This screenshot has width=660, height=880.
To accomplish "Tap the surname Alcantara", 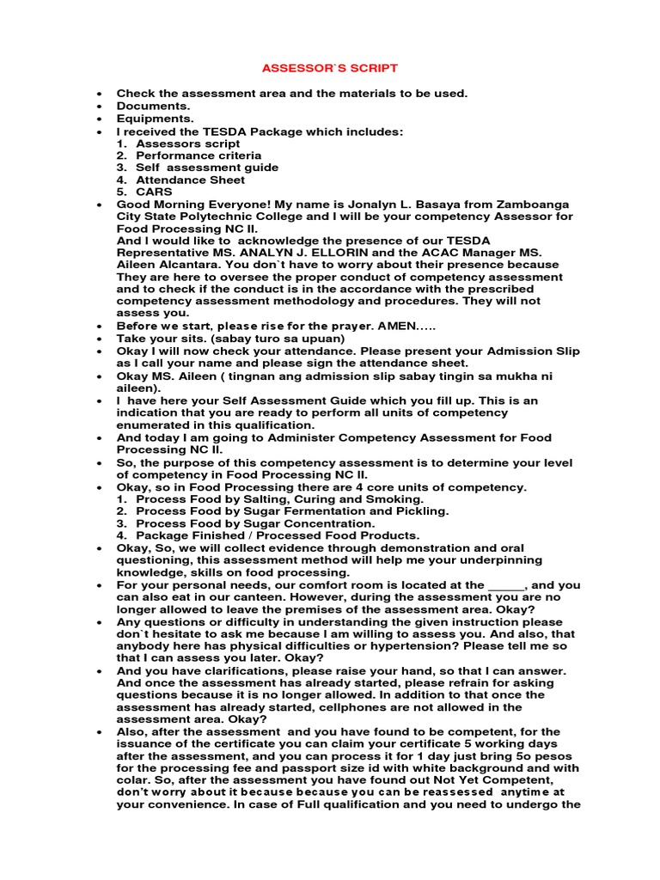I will click(x=183, y=266).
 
